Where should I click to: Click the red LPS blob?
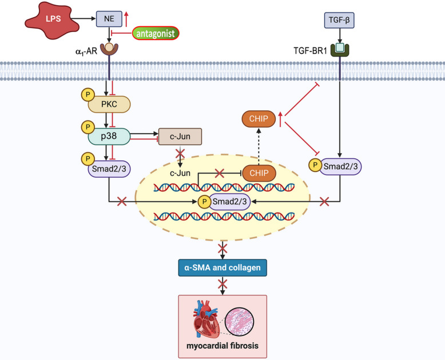pyautogui.click(x=53, y=20)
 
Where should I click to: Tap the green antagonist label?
pyautogui.click(x=156, y=34)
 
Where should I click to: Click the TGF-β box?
pyautogui.click(x=339, y=20)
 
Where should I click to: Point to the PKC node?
pyautogui.click(x=109, y=105)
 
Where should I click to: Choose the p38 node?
pyautogui.click(x=109, y=137)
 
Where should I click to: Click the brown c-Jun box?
pyautogui.click(x=180, y=137)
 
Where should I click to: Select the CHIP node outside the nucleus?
pyautogui.click(x=259, y=119)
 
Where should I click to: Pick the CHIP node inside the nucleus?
pyautogui.click(x=259, y=173)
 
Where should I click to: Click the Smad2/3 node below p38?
pyautogui.click(x=109, y=169)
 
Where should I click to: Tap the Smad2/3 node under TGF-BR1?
pyautogui.click(x=340, y=166)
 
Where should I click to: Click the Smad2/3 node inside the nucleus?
pyautogui.click(x=229, y=202)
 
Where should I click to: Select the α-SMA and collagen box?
pyautogui.click(x=223, y=267)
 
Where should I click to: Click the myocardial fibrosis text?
pyautogui.click(x=223, y=346)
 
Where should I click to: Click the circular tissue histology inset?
pyautogui.click(x=240, y=322)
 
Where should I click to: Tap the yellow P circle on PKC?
pyautogui.click(x=88, y=95)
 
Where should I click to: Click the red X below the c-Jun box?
pyautogui.click(x=180, y=154)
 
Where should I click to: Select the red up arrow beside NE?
pyautogui.click(x=126, y=19)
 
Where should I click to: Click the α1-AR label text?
pyautogui.click(x=86, y=51)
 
